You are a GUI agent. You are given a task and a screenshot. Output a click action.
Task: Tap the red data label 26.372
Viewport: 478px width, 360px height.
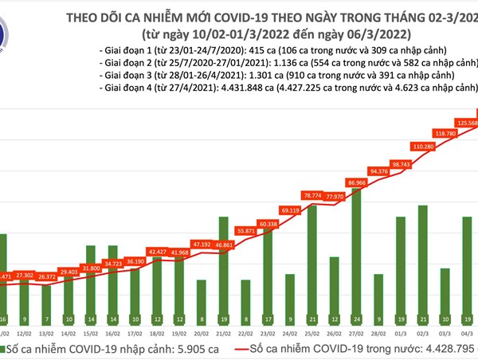point(48,277)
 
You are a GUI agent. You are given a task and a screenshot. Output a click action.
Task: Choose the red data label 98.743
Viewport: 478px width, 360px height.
point(401,164)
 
